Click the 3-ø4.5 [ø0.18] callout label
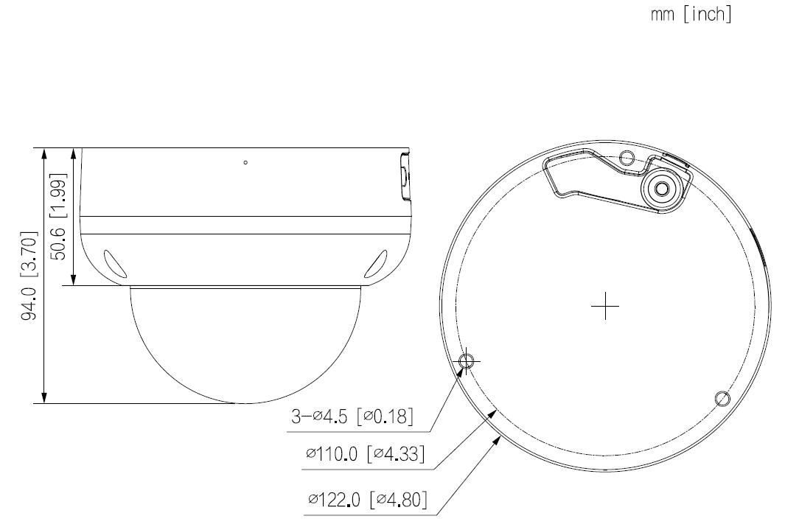pos(350,417)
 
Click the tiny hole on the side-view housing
pos(245,162)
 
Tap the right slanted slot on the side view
pos(377,262)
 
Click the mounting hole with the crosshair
pos(467,360)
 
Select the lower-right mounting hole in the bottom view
pos(722,399)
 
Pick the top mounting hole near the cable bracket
pos(627,157)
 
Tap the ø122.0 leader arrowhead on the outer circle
pos(499,438)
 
